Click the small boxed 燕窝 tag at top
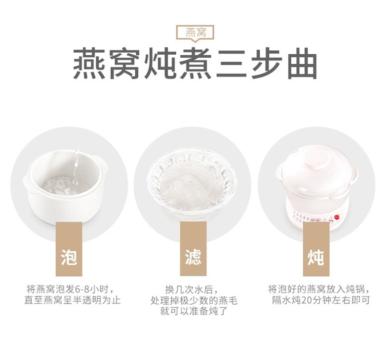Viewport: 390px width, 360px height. tap(195, 33)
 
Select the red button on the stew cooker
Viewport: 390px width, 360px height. tap(338, 216)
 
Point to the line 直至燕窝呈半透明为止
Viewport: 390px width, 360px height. tap(72, 300)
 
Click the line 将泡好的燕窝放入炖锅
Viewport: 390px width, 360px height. tap(319, 289)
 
